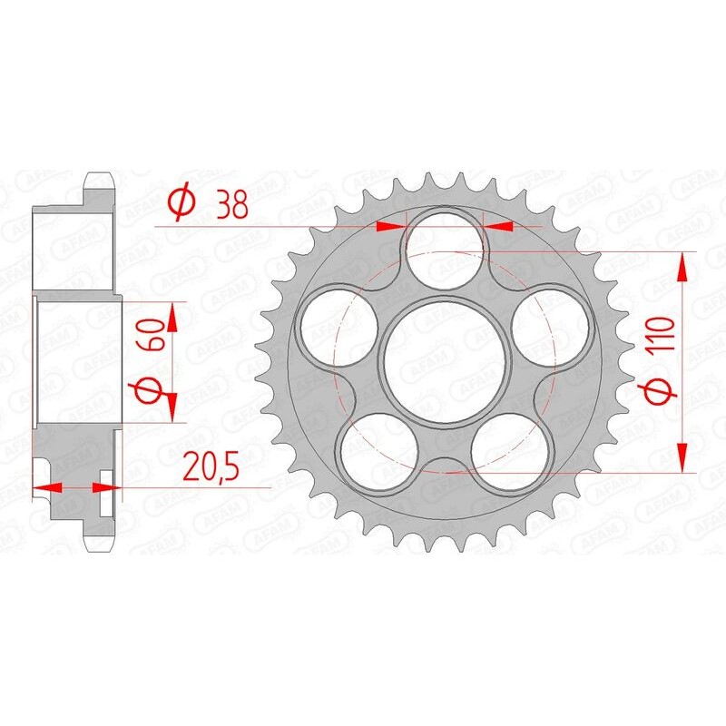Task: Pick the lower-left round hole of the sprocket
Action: point(379,451)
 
